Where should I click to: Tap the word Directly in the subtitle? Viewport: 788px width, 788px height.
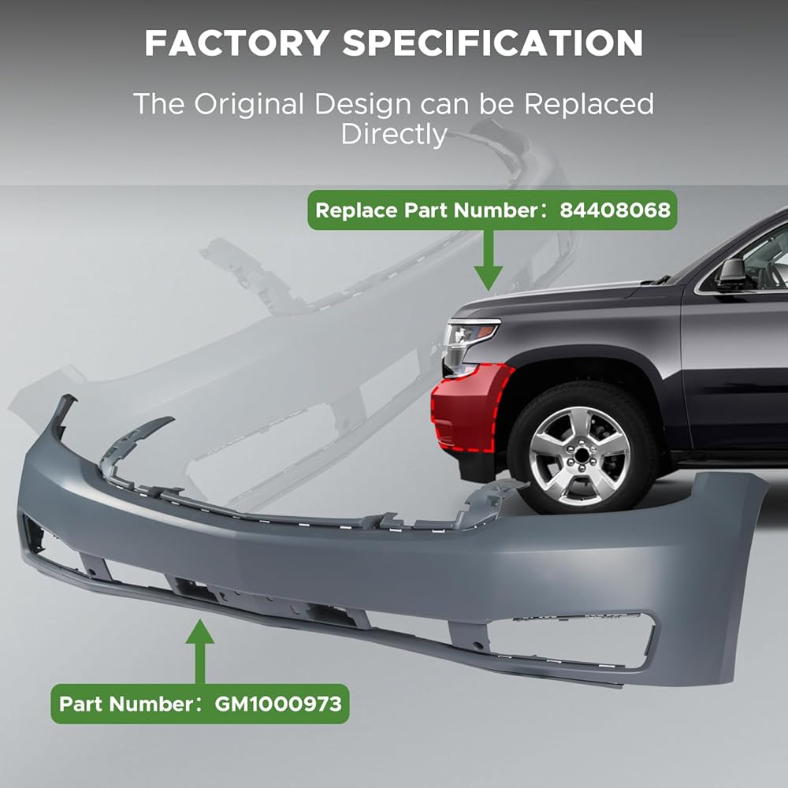[x=393, y=134]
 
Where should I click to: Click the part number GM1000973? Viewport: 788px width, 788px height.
[x=279, y=703]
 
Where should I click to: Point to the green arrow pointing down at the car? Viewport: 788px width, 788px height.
[x=489, y=260]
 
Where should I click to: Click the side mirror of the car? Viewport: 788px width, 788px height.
[x=732, y=272]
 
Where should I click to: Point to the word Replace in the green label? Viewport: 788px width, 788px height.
[x=353, y=210]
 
